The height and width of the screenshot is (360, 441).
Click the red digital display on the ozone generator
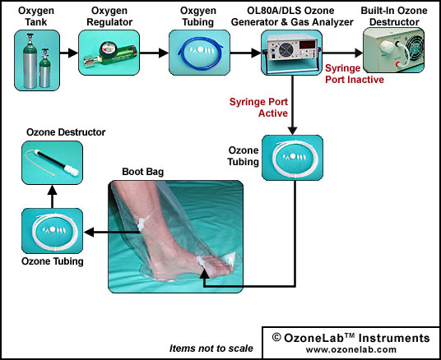coord(308,44)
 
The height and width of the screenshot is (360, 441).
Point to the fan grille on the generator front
coord(286,50)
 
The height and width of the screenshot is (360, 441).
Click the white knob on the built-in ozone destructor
coord(387,46)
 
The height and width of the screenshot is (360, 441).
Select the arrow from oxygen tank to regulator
coord(69,53)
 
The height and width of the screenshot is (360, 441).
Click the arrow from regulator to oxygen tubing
coord(154,53)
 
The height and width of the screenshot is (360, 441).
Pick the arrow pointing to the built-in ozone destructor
coord(342,53)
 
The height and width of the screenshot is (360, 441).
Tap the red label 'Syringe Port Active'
coord(258,108)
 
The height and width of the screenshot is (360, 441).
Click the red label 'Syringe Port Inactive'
coord(355,74)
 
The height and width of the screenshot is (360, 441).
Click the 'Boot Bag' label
coord(143,172)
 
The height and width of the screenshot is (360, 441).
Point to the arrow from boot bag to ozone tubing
coord(112,232)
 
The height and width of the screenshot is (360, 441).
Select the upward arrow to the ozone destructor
coord(53,196)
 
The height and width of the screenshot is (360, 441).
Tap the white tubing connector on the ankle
coord(141,224)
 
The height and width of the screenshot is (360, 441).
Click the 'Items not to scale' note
coord(211,348)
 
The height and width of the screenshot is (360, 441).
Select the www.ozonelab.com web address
coord(351,349)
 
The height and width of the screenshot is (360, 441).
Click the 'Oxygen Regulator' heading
coord(109,16)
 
